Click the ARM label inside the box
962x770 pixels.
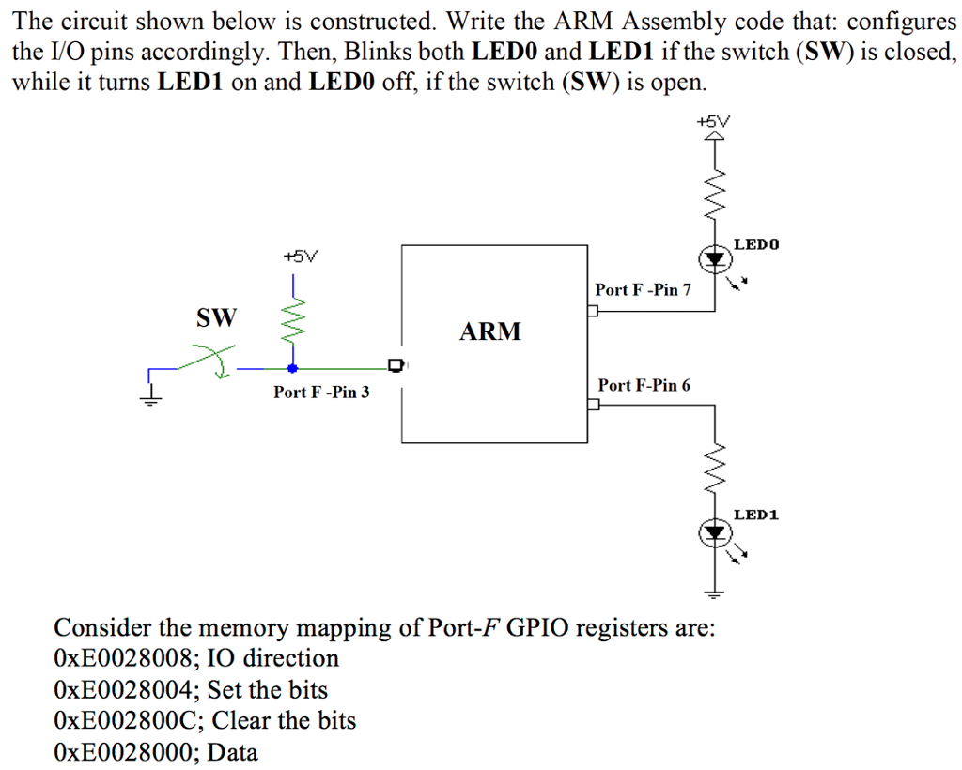489,331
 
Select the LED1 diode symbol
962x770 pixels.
716,534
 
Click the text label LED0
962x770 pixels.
756,244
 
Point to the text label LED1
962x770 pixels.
756,515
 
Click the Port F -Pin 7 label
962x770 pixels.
643,289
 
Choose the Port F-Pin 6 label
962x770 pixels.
644,385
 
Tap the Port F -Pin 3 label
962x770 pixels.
321,392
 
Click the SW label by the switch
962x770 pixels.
216,317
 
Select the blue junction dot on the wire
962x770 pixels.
292,369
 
